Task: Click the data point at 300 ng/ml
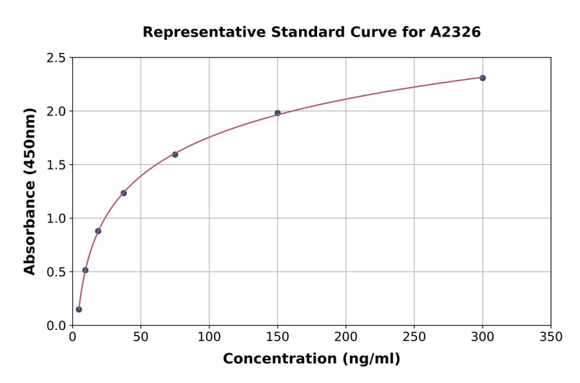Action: [483, 78]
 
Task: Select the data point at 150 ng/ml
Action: [278, 113]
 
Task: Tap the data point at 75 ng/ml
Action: [175, 155]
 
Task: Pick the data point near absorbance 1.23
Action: [124, 193]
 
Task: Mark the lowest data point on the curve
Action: [79, 309]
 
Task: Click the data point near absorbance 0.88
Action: [98, 231]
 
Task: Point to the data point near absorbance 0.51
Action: [85, 270]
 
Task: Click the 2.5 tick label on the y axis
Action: [55, 58]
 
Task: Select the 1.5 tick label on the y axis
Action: [55, 165]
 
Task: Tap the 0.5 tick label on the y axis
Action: [55, 272]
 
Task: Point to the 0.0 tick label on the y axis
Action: [55, 326]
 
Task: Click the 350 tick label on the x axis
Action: [550, 337]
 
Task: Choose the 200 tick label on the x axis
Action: [345, 337]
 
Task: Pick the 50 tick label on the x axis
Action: [140, 337]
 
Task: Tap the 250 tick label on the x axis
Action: [414, 337]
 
